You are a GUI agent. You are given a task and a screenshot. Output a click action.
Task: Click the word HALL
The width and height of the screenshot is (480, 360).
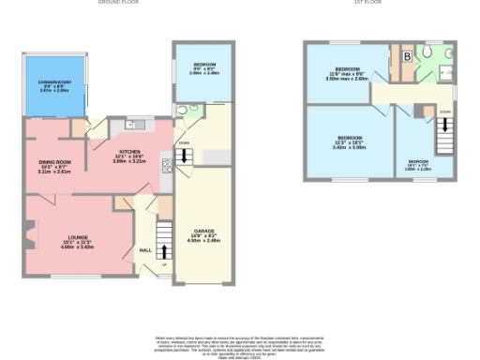[x=145, y=250]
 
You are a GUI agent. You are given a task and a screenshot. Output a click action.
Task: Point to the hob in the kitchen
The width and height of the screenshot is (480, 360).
[x=167, y=167]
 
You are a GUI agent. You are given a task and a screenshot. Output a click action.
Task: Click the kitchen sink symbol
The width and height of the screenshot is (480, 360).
[x=131, y=125]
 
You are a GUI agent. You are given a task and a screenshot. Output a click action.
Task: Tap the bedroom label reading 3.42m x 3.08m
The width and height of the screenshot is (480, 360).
[x=350, y=142]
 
